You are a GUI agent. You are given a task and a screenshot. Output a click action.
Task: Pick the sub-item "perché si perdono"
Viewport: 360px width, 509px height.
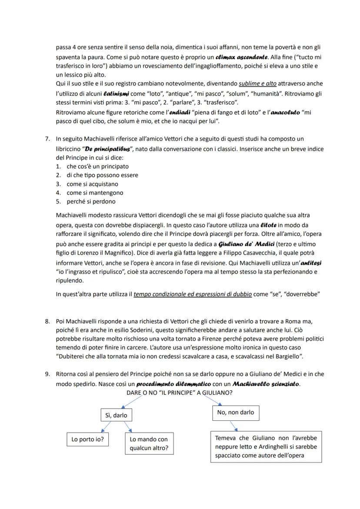tap(91, 202)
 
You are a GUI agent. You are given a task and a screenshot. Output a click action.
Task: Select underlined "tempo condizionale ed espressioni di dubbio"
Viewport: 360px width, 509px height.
tap(193, 294)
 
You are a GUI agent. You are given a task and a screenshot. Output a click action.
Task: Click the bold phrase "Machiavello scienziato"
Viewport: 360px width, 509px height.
tap(266, 384)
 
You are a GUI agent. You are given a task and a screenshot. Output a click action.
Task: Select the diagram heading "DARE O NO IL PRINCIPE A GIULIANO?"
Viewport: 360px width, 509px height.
tap(179, 393)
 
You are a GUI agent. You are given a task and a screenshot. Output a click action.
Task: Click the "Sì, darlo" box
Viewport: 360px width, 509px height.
tap(117, 416)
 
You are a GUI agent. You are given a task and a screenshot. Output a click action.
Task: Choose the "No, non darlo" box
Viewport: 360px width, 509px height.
tap(236, 412)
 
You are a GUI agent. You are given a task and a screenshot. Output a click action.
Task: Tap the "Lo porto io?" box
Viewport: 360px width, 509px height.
tap(87, 439)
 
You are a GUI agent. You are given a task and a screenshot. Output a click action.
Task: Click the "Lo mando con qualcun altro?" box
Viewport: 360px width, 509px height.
tap(149, 444)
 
